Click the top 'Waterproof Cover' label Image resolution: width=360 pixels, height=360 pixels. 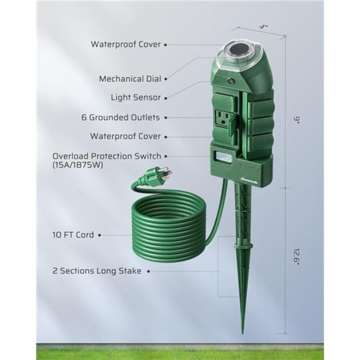(x=126, y=44)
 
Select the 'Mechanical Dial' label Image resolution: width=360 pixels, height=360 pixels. (x=130, y=79)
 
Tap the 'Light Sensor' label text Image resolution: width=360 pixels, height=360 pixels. (x=136, y=97)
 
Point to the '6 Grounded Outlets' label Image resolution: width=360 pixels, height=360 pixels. (x=125, y=117)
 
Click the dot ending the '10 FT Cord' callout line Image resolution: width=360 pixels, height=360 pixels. (x=100, y=236)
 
